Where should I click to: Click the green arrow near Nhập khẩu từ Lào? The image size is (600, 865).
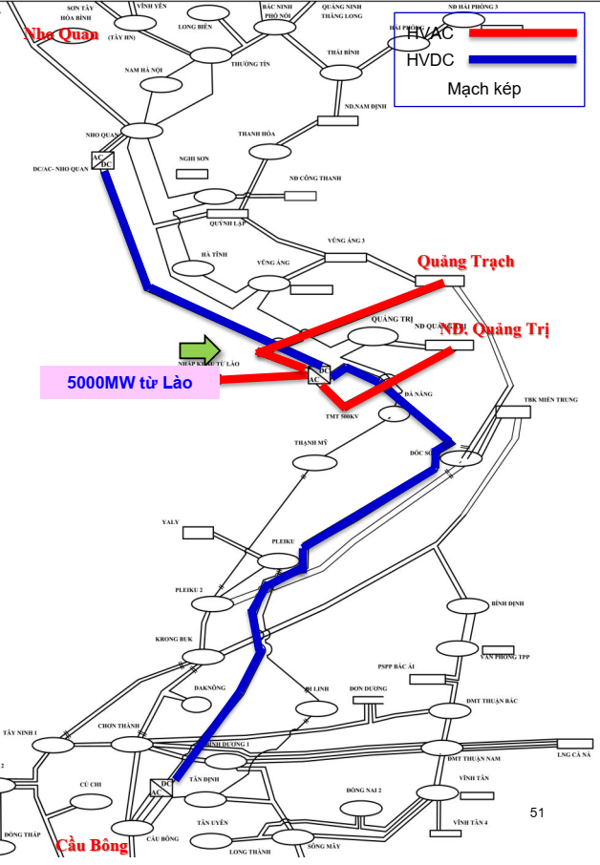(199, 350)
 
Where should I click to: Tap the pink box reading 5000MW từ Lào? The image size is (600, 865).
(130, 383)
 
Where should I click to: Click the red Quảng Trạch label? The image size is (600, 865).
(465, 261)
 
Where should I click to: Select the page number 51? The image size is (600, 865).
(536, 812)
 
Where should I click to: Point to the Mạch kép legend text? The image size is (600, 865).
(484, 90)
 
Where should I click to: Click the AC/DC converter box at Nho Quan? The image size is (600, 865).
(102, 160)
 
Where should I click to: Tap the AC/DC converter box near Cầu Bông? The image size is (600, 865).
(161, 789)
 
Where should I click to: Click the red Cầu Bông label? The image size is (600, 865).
(92, 846)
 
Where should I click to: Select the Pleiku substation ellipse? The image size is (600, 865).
(278, 561)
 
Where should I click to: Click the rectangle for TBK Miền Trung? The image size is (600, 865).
(513, 412)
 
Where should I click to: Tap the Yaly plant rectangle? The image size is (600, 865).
(199, 533)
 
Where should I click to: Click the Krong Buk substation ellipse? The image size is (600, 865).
(204, 656)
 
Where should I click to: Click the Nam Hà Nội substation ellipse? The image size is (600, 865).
(159, 84)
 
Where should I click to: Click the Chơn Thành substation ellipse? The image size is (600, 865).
(131, 744)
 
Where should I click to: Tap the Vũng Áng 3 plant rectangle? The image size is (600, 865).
(345, 257)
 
